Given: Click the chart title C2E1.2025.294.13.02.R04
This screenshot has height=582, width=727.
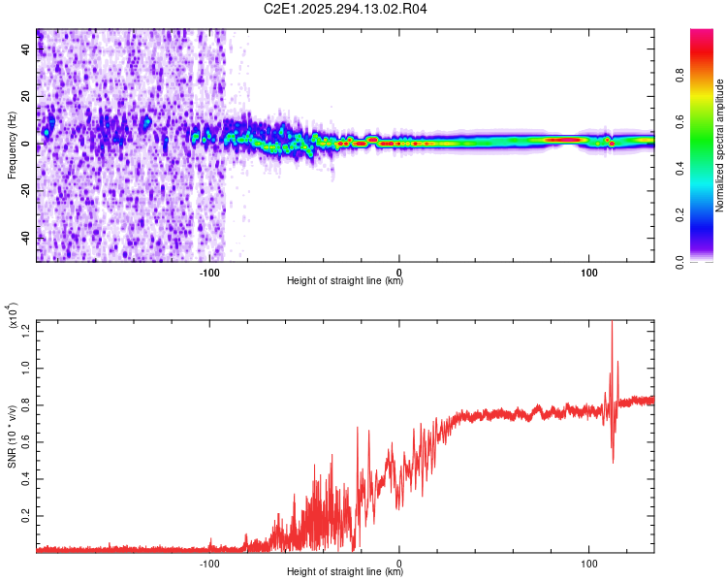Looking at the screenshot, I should pos(346,9).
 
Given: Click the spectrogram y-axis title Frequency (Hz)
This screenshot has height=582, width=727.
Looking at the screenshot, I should pos(12,145).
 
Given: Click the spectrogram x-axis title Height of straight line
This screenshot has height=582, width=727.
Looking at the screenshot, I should pos(345,282).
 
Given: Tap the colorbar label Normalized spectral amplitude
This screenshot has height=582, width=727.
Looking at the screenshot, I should pos(720,145).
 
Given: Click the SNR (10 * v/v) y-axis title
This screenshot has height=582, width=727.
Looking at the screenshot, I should pos(12,436).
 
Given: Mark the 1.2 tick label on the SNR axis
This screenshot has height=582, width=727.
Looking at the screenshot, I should pos(26,328).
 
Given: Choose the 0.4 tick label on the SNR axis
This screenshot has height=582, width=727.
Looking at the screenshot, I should pos(26,478).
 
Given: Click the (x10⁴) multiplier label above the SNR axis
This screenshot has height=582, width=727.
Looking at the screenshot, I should pos(14,315).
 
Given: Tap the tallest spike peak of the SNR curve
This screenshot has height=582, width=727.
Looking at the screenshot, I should pos(612,323).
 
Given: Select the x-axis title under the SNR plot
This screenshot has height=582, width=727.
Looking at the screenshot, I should pos(345,572).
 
